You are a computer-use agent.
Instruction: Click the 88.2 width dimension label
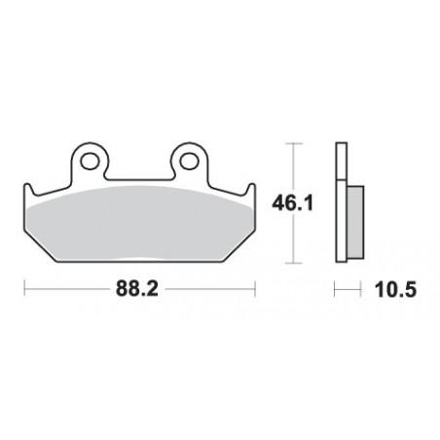coord(137,288)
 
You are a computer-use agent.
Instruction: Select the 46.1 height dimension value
coord(292,203)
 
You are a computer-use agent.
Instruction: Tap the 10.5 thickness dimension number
coord(395,289)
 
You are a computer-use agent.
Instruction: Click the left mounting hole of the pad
coord(90,161)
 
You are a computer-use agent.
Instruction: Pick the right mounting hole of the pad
coord(189,161)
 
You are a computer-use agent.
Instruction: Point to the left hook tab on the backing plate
coord(28,189)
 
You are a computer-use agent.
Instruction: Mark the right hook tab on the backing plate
coord(251,189)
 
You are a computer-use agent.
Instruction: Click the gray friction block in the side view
coord(355,222)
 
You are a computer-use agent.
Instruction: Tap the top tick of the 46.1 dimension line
coord(293,143)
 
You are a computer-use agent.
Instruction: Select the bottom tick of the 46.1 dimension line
coord(293,263)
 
